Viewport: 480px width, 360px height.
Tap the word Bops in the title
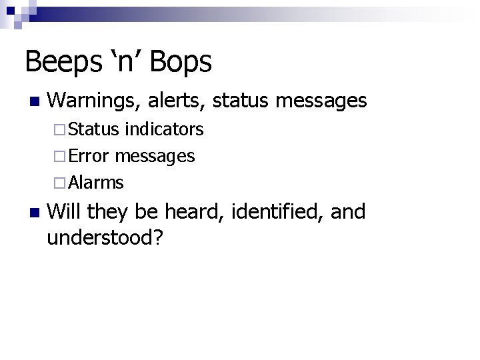pos(181,62)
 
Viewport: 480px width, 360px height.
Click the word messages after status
pos(321,101)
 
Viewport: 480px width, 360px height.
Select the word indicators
pos(164,129)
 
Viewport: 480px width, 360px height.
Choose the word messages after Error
pos(155,157)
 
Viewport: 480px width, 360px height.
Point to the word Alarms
pos(96,182)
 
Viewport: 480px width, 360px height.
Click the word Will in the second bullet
pos(64,212)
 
